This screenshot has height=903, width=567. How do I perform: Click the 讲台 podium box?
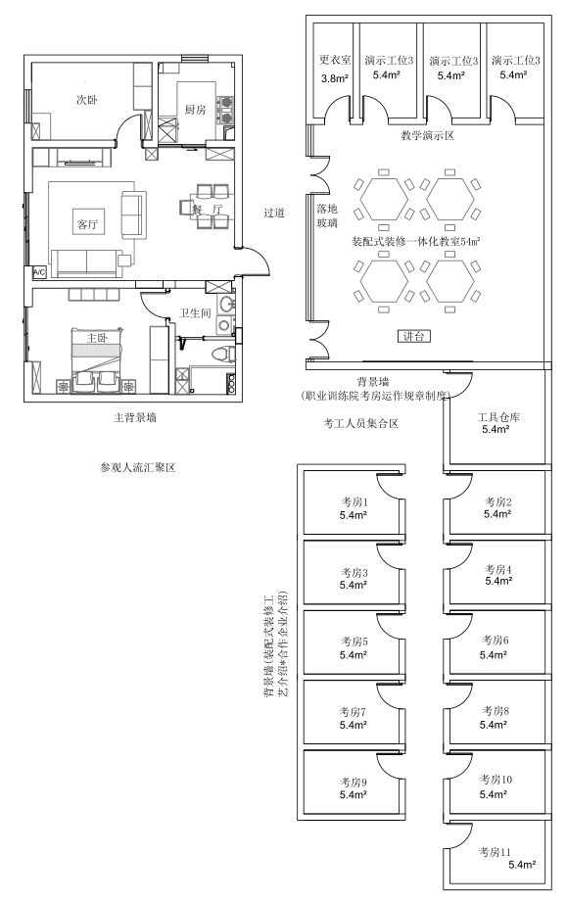414,336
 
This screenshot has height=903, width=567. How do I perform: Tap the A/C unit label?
39,272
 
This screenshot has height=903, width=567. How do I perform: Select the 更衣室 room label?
335,60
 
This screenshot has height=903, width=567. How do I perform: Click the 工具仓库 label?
497,417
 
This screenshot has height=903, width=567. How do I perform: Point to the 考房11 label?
496,852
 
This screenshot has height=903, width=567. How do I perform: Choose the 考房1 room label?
354,502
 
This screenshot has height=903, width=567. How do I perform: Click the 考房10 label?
496,780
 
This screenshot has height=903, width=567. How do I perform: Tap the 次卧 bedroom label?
87,100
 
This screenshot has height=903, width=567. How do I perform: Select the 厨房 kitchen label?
195,109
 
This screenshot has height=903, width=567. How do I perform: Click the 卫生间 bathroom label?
195,312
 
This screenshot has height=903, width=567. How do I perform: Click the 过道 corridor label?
274,213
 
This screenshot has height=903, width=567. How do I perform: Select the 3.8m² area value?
335,79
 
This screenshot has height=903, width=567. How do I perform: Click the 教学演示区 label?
428,136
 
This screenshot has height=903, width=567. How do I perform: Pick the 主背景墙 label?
135,417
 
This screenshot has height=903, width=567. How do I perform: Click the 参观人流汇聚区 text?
137,467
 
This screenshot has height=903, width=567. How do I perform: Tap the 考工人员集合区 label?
361,423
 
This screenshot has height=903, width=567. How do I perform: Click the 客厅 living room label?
87,224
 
